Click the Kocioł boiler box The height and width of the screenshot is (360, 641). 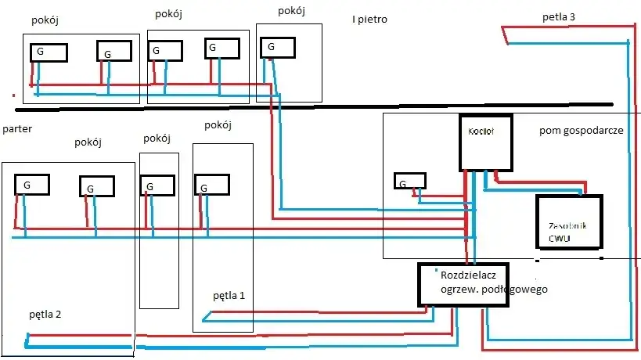(485, 142)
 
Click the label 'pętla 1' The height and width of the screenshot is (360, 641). (229, 296)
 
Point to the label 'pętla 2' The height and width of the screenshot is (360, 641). (45, 315)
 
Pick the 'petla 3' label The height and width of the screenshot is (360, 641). (559, 16)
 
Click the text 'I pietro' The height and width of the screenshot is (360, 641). (369, 19)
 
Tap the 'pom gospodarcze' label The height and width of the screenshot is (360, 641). (581, 130)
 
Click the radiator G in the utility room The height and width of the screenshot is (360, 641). (409, 182)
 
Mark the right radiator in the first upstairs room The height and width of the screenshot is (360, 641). (114, 52)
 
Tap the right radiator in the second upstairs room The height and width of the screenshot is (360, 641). (221, 49)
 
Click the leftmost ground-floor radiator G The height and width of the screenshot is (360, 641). (32, 185)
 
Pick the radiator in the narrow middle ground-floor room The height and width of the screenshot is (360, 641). (158, 186)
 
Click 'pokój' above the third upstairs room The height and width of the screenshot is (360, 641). (291, 11)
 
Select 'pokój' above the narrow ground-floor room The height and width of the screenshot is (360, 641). (157, 139)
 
